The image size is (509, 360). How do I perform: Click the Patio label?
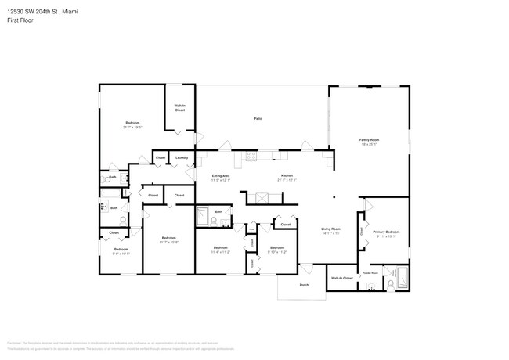click(x=257, y=118)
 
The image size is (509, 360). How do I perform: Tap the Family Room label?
click(x=369, y=139)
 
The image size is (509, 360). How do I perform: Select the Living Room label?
click(x=330, y=229)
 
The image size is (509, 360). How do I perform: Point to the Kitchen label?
click(x=287, y=175)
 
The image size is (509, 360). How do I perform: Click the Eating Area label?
click(x=221, y=175)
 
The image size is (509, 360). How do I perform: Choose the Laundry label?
click(x=182, y=157)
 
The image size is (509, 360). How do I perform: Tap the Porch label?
click(x=304, y=285)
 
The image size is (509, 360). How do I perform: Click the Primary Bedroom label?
click(x=386, y=232)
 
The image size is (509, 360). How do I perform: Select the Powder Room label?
click(x=369, y=272)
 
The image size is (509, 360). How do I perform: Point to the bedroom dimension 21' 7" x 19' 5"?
click(x=132, y=127)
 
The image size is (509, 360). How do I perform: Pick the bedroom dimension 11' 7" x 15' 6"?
click(x=169, y=242)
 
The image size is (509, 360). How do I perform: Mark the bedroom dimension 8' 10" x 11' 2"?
click(x=277, y=252)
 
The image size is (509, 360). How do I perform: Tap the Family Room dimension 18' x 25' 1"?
click(x=369, y=144)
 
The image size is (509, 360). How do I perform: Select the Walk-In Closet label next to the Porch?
click(x=341, y=278)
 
